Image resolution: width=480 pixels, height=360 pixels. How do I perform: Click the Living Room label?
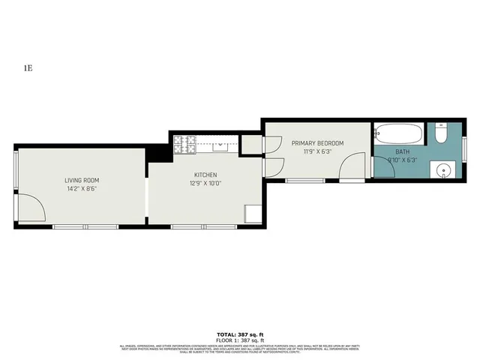81,180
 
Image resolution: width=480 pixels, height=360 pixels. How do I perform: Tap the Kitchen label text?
205,175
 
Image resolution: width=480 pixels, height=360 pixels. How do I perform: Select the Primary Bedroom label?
318,143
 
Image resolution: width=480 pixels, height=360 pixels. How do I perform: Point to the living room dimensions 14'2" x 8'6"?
81,189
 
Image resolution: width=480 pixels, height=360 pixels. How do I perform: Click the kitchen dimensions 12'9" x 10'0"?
205,183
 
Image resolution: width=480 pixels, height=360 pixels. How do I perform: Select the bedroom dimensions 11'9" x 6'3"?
318,151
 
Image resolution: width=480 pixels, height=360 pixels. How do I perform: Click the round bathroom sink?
443,169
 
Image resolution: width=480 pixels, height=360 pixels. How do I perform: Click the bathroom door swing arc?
385,166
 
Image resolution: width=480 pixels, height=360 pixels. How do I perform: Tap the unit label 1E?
28,68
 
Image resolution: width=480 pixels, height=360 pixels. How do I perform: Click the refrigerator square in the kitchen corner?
253,214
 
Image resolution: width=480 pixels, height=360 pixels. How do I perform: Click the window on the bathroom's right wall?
465,150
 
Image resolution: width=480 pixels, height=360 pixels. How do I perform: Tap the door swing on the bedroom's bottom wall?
351,170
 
